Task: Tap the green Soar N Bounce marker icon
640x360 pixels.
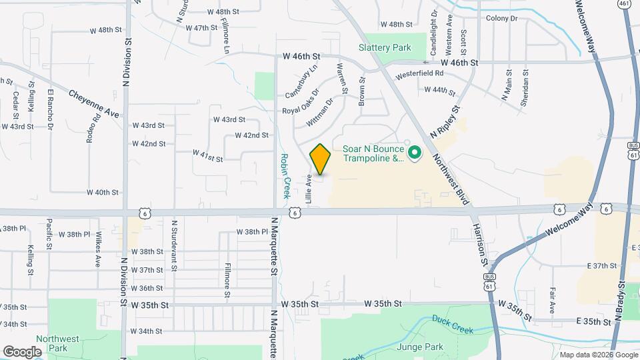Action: [x=414, y=154]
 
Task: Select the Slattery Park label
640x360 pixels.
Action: [x=385, y=47]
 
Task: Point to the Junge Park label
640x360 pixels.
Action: [x=419, y=347]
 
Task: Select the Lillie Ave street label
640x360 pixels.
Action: [x=309, y=189]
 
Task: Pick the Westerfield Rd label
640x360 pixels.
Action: [x=419, y=73]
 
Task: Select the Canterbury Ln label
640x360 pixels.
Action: [x=302, y=80]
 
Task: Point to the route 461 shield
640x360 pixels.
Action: [x=623, y=4]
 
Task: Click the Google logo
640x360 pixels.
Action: [x=22, y=351]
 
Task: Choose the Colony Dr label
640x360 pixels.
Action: [x=502, y=18]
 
